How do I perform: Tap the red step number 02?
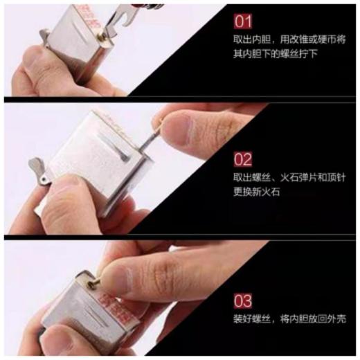click(x=243, y=160)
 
